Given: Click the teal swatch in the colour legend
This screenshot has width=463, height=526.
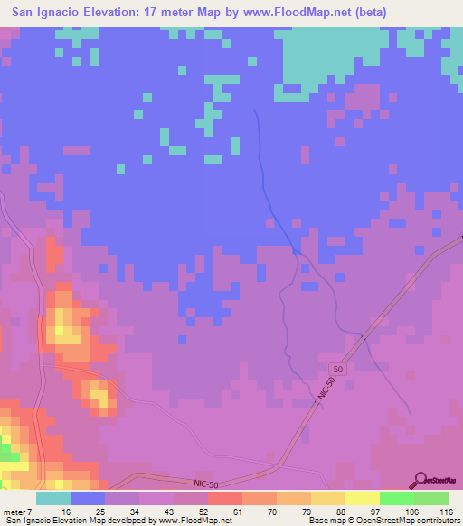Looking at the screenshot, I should [53, 499].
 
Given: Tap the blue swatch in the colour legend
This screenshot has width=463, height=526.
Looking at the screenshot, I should [88, 499].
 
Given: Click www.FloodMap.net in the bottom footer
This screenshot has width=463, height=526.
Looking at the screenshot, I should [193, 521].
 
